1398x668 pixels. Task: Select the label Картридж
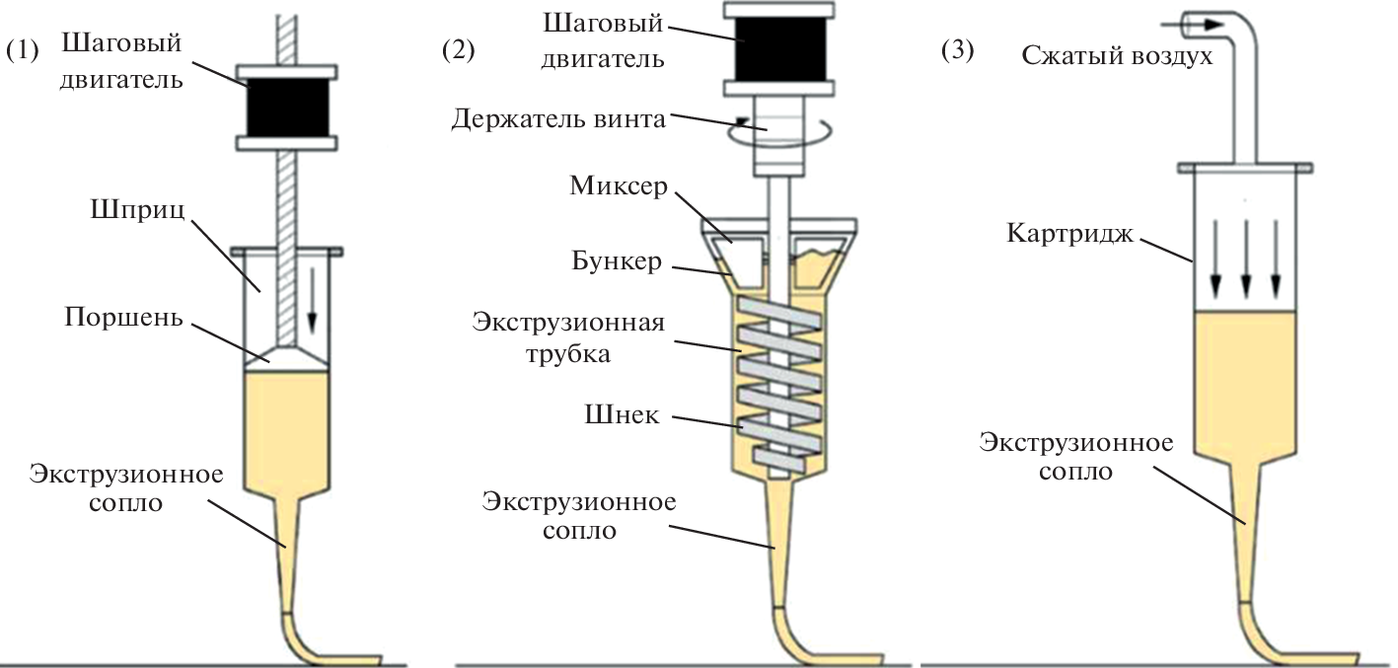point(1069,235)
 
